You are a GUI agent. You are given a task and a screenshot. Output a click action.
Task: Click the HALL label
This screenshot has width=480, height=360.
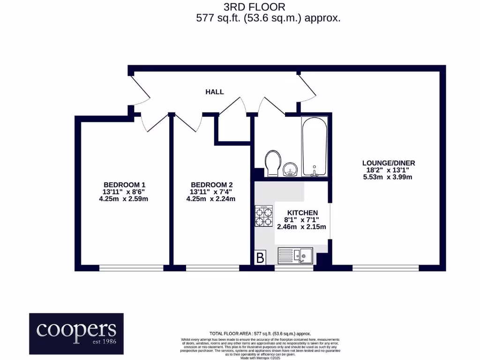215,92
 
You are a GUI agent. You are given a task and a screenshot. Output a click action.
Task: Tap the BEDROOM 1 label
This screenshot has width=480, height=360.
121,184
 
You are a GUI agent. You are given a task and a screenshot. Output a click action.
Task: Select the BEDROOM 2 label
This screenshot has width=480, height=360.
211,184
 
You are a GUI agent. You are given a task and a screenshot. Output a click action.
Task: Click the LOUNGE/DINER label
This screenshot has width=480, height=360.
389,163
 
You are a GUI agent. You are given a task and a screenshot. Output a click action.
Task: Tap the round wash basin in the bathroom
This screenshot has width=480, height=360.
290,168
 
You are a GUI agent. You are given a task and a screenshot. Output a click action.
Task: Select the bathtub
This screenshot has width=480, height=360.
315,147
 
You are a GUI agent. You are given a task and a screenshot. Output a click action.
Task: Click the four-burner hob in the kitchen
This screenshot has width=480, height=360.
264,217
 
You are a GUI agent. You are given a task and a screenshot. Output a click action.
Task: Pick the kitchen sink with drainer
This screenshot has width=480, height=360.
295,256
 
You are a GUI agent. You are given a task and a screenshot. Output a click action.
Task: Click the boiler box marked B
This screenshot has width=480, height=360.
260,257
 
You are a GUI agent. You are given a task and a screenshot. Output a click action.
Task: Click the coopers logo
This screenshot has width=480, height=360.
76,333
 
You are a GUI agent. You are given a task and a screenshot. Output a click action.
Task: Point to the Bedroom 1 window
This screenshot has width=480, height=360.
131,268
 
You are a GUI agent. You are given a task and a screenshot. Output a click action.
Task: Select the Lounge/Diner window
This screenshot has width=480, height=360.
385,268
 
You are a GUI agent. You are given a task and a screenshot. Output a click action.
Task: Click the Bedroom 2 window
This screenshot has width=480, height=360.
212,268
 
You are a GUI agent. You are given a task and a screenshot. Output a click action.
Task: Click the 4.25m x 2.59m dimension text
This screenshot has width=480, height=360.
121,199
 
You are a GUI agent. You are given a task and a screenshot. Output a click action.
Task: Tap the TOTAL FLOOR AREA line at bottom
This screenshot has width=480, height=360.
260,333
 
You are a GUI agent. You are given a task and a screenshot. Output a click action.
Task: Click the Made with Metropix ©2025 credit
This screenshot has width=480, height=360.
260,358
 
